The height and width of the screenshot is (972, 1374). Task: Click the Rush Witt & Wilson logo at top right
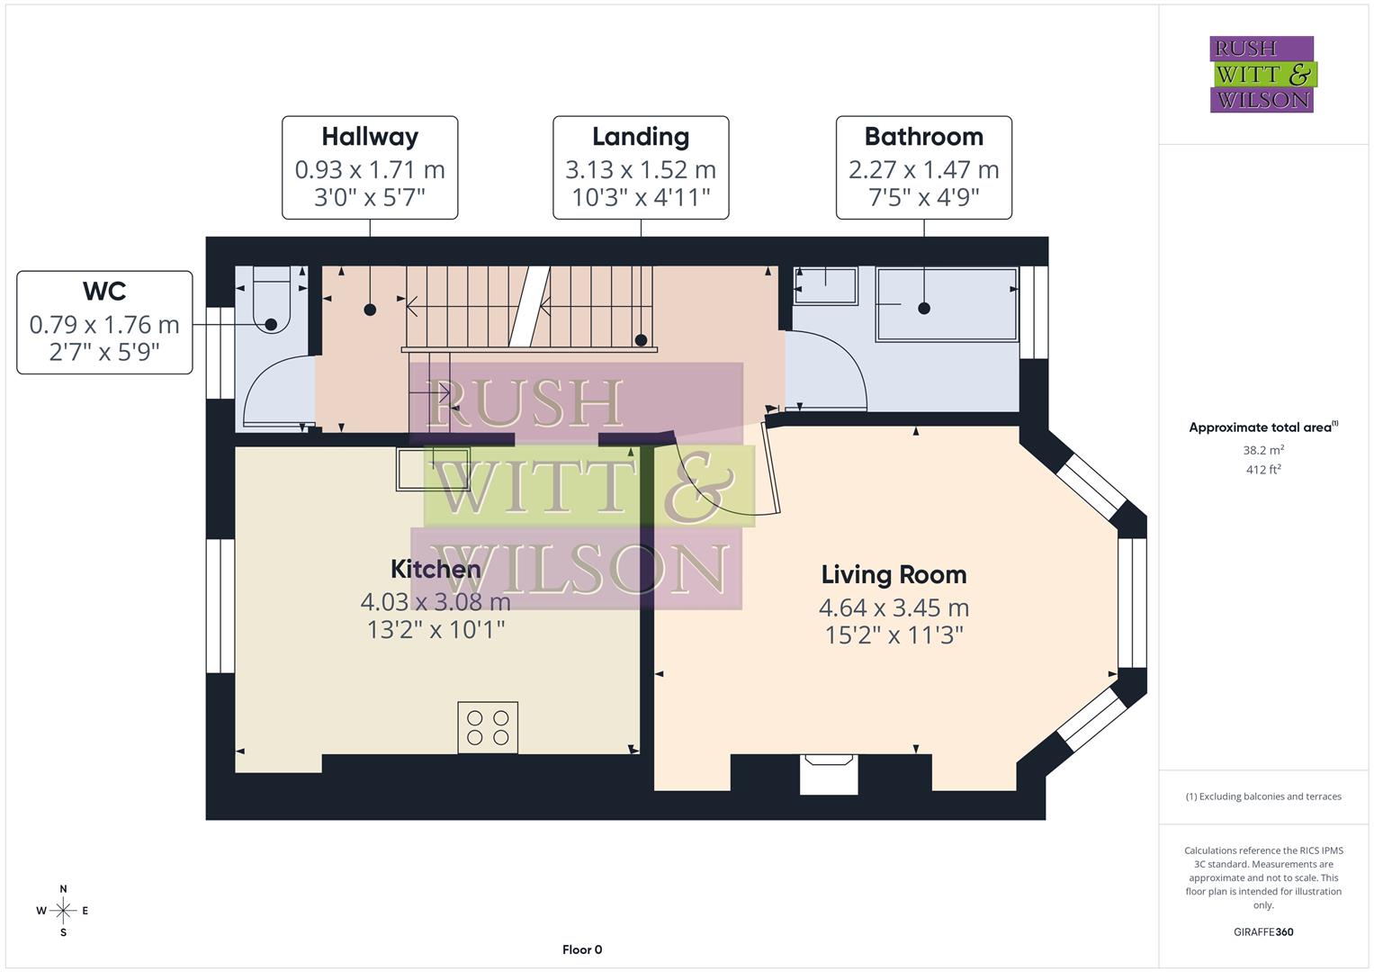point(1262,75)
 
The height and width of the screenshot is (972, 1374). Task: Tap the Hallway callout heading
point(370,137)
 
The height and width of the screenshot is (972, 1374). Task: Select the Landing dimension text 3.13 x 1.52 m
point(640,169)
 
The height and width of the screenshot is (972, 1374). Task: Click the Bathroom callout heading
point(923,137)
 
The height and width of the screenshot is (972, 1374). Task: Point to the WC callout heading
point(104,292)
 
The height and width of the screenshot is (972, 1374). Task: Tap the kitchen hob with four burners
point(488,727)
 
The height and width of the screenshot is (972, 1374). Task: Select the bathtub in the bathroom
point(947,304)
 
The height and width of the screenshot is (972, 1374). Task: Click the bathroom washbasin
point(825,285)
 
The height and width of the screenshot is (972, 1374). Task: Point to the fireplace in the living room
point(829,773)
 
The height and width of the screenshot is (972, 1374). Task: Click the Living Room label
point(894,574)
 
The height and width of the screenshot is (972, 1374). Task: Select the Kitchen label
point(436,569)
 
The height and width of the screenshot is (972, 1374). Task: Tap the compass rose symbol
point(63,911)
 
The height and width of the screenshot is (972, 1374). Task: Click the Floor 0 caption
point(582,949)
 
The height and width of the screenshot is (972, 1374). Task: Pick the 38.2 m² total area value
point(1263,450)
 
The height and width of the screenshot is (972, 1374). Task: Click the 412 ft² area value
point(1263,470)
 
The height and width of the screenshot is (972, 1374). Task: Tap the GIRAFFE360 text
point(1263,931)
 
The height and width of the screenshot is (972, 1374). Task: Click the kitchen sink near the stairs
point(433,469)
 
